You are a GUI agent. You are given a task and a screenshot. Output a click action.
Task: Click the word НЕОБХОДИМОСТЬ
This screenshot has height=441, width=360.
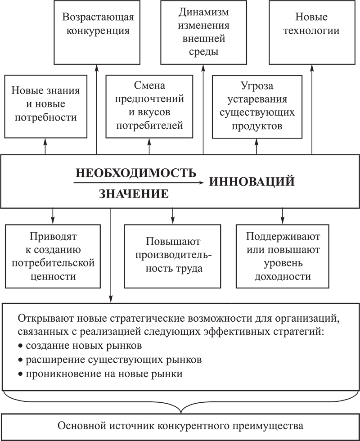click(x=136, y=173)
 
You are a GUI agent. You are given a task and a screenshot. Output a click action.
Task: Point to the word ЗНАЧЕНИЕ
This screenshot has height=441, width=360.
click(x=134, y=194)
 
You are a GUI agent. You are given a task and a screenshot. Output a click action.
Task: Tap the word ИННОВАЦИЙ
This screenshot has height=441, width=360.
click(x=252, y=181)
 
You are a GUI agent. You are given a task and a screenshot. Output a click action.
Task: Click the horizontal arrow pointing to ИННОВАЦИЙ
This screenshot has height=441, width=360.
click(x=139, y=183)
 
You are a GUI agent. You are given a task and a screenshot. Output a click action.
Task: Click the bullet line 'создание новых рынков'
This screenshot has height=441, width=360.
click(x=80, y=346)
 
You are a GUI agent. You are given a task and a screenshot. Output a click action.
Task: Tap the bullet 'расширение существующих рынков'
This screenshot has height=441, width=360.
click(x=110, y=360)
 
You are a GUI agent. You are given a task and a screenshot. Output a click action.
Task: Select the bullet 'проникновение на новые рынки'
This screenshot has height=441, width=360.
click(x=100, y=374)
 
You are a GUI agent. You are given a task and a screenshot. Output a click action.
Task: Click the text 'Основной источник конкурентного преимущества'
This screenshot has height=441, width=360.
click(x=180, y=426)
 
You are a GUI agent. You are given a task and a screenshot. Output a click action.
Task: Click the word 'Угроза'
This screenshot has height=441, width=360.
click(x=257, y=86)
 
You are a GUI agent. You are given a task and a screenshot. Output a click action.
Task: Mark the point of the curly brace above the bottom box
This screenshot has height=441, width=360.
click(x=181, y=413)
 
